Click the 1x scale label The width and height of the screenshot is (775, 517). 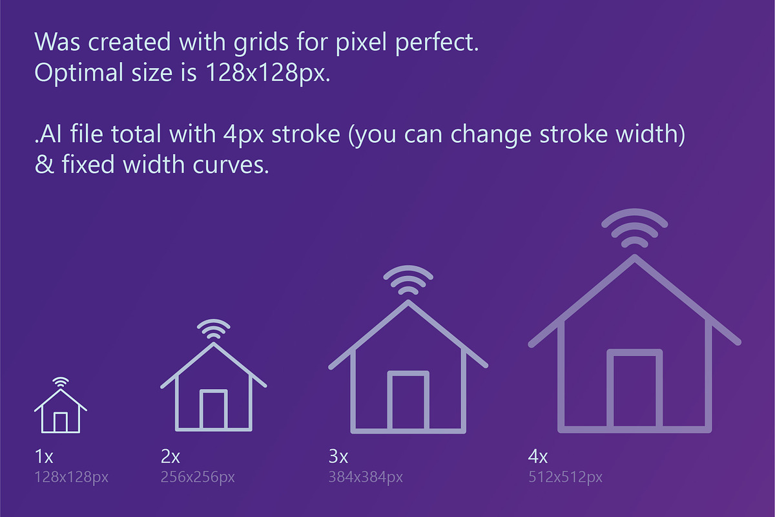pyautogui.click(x=44, y=457)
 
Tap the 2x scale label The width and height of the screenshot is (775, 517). pyautogui.click(x=170, y=457)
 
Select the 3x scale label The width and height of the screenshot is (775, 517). pyautogui.click(x=338, y=457)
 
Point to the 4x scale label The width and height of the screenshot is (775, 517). pyautogui.click(x=538, y=457)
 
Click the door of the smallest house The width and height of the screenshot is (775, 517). pyautogui.click(x=60, y=422)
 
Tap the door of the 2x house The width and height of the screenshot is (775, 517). pyautogui.click(x=213, y=410)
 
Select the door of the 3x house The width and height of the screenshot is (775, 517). pyautogui.click(x=408, y=401)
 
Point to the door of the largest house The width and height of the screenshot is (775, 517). pyautogui.click(x=635, y=390)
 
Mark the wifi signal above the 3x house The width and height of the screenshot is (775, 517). pyautogui.click(x=408, y=281)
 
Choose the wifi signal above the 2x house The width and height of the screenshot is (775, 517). pyautogui.click(x=213, y=328)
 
